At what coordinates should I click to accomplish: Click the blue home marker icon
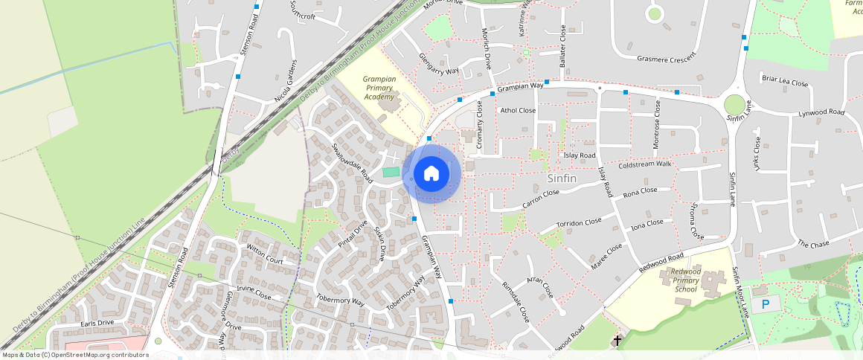click(x=431, y=174)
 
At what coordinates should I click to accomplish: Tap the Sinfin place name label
click(x=562, y=179)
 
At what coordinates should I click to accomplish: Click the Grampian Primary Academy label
click(x=379, y=88)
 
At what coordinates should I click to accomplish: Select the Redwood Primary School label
click(x=685, y=280)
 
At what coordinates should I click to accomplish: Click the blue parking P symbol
click(x=766, y=304)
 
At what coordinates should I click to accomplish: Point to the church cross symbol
click(x=617, y=341)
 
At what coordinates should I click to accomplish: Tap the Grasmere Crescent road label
click(x=666, y=57)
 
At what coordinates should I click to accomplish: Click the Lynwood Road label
click(x=821, y=112)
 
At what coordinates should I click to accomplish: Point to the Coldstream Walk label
click(x=644, y=164)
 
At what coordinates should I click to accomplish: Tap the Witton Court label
click(x=265, y=256)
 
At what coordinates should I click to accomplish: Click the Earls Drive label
click(x=97, y=323)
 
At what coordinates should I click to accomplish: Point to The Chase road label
click(x=812, y=244)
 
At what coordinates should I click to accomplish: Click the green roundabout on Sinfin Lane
click(x=734, y=104)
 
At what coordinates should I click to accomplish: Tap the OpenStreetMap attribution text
click(x=75, y=355)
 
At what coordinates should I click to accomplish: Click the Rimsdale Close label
click(x=516, y=302)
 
